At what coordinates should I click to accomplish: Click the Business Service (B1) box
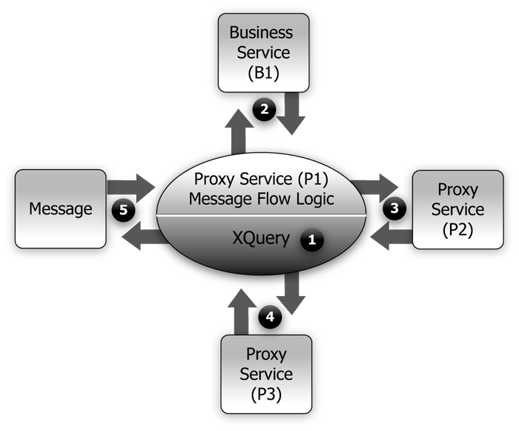pyautogui.click(x=261, y=53)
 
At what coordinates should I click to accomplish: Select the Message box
pyautogui.click(x=60, y=208)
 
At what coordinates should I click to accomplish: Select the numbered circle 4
pyautogui.click(x=270, y=318)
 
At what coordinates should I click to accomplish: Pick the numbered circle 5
pyautogui.click(x=123, y=210)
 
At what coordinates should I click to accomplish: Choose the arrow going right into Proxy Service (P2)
pyautogui.click(x=376, y=182)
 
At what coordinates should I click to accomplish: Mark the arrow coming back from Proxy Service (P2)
pyautogui.click(x=390, y=236)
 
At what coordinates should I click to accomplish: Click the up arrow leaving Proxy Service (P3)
pyautogui.click(x=242, y=311)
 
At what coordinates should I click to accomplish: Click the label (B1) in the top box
pyautogui.click(x=261, y=73)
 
